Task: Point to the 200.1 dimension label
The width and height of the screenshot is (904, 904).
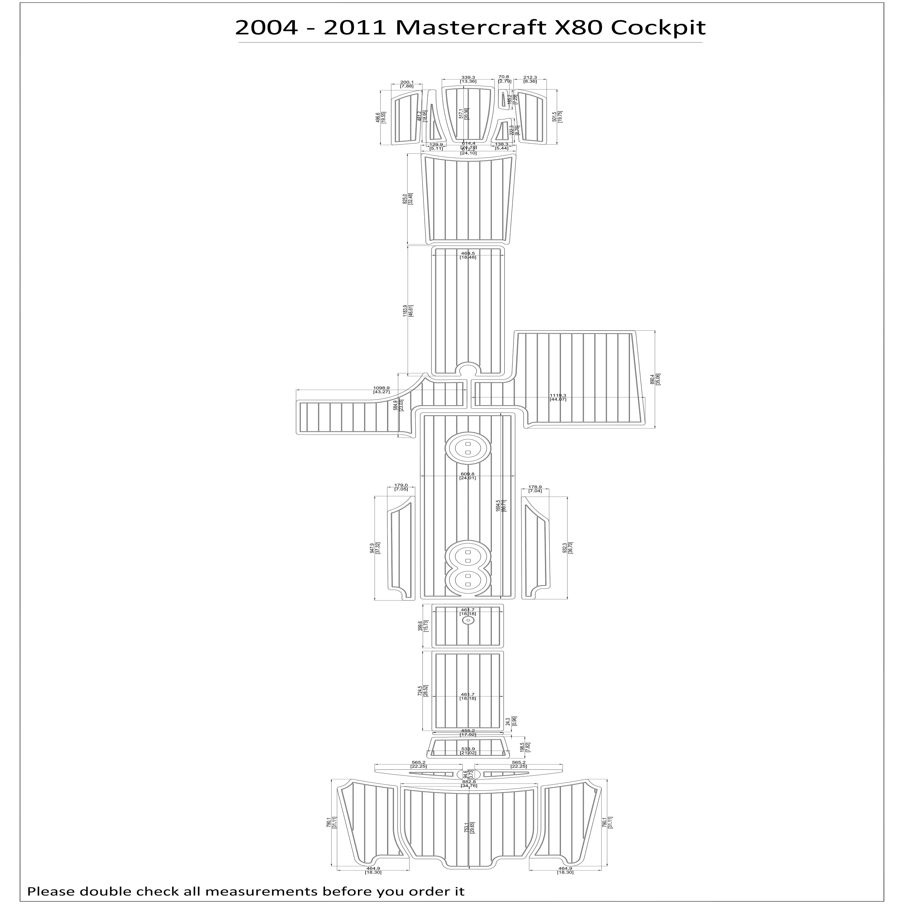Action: click(406, 82)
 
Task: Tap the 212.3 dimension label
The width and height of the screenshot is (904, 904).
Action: click(530, 77)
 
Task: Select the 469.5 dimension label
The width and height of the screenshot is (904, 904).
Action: click(468, 253)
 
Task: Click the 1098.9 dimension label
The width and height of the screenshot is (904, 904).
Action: click(381, 388)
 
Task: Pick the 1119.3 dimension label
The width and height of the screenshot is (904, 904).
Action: click(558, 395)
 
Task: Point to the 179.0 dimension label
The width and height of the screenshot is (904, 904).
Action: click(401, 485)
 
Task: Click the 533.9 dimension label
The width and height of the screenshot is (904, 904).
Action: click(468, 761)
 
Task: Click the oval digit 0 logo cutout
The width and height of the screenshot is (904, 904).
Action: click(468, 448)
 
